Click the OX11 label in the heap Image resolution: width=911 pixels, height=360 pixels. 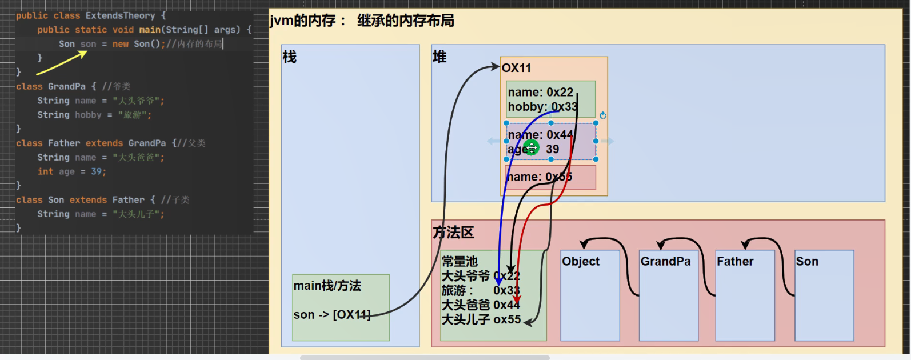[x=517, y=68]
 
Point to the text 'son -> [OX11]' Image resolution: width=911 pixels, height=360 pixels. [x=331, y=315]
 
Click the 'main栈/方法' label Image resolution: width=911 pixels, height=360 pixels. [x=327, y=286]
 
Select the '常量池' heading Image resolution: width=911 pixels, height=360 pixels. [x=460, y=262]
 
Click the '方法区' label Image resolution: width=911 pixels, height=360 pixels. [x=453, y=233]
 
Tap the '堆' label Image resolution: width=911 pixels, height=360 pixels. [x=439, y=57]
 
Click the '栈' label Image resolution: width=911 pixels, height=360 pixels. [x=290, y=57]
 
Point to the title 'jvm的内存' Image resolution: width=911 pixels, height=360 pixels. [x=303, y=21]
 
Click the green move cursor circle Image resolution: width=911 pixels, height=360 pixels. [x=532, y=148]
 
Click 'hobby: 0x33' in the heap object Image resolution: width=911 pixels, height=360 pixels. [x=542, y=107]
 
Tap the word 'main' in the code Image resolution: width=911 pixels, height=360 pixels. [x=150, y=30]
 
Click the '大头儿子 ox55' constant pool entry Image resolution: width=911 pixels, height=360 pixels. [x=481, y=319]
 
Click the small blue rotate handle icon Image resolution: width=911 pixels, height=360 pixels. [x=603, y=115]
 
